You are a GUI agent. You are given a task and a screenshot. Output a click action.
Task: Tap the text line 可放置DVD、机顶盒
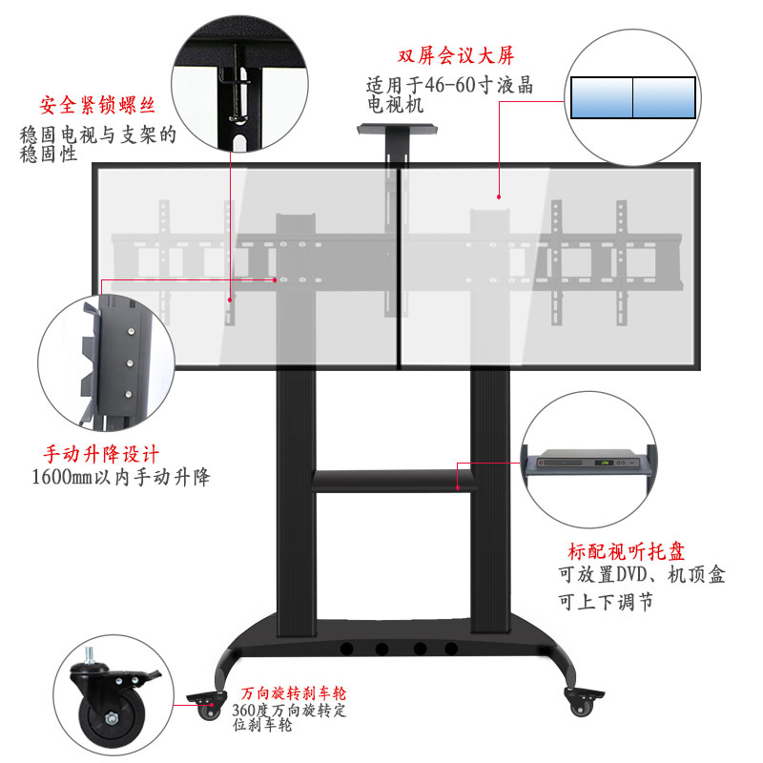[x=641, y=576]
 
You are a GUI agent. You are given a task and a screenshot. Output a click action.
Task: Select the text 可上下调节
[x=606, y=603]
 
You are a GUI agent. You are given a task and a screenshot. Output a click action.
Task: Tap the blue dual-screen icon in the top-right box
[x=632, y=96]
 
